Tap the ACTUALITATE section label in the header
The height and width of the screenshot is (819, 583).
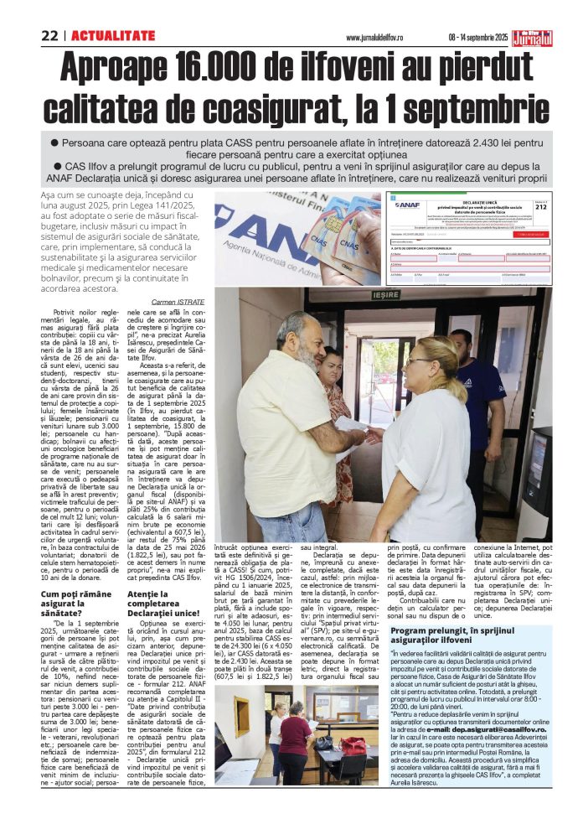113,35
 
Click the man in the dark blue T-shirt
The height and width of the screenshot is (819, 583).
482,386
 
